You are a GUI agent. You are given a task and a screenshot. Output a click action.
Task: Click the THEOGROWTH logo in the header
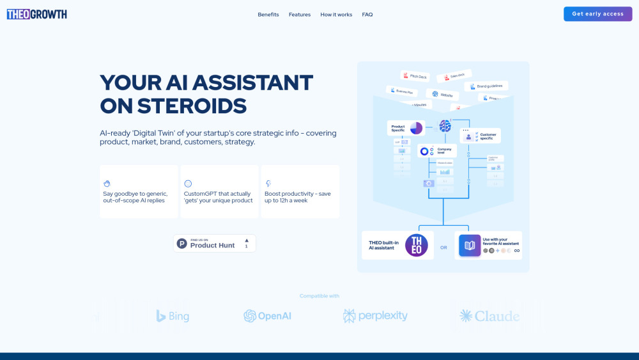pos(37,14)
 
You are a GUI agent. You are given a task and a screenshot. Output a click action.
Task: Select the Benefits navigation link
pos(268,15)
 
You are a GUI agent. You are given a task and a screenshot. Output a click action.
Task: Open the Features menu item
pos(300,15)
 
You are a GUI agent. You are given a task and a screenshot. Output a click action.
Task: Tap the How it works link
pos(336,15)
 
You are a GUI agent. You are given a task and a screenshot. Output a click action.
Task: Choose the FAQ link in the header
pos(367,15)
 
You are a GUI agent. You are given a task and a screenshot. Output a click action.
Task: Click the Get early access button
pos(597,14)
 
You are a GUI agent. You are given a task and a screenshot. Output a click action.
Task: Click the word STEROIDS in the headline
pos(173,106)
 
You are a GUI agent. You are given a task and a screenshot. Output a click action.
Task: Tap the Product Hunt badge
pos(215,243)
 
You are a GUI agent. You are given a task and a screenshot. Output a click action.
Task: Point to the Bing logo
pos(173,316)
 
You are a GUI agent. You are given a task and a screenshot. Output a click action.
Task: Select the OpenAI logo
pos(267,316)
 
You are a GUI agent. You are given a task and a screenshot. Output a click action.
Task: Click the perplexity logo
pos(375,316)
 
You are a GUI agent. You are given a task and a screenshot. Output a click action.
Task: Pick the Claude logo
pos(489,316)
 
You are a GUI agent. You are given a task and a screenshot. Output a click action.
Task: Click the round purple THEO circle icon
pos(416,246)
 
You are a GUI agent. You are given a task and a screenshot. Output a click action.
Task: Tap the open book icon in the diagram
pos(470,246)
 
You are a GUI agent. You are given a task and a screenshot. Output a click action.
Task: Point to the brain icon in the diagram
pos(445,126)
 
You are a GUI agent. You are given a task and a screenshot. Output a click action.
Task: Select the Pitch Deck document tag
pos(415,75)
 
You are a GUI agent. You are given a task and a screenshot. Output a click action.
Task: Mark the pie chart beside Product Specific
pos(416,128)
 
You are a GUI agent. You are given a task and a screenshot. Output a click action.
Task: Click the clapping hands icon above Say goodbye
pos(107,184)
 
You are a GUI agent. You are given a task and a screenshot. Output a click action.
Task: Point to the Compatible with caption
pos(319,296)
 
